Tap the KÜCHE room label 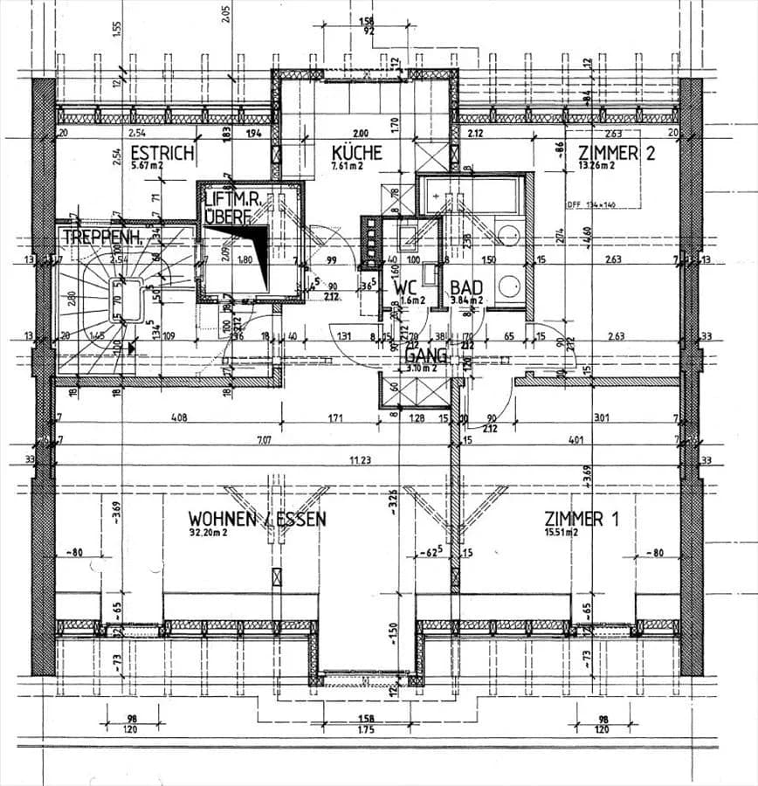[357, 152]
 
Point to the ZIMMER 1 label [581, 519]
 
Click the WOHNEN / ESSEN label [258, 519]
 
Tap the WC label [404, 287]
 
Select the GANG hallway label [425, 356]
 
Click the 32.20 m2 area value [208, 532]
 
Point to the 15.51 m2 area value [562, 532]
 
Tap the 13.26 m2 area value [596, 165]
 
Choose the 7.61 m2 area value [348, 165]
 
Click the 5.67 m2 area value [148, 165]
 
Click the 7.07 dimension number [263, 441]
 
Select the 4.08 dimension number [178, 417]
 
